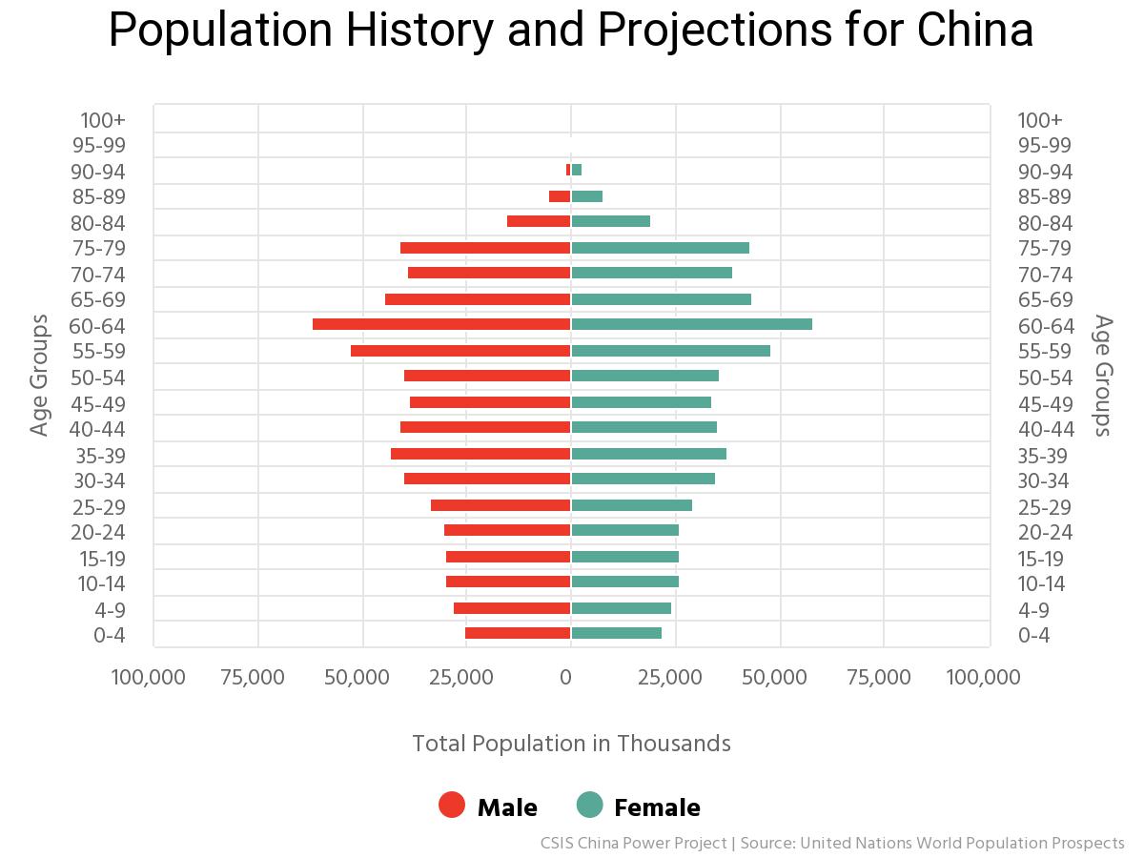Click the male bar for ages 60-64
point(440,324)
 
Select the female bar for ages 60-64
point(691,324)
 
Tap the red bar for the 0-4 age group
point(518,633)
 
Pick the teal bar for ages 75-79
point(660,248)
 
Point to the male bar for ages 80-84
point(539,221)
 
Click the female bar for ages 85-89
point(587,196)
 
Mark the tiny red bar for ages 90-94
point(568,170)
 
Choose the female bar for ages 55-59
point(670,351)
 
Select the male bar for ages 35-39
point(480,454)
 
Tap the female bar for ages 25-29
point(631,505)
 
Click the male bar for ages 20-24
point(507,530)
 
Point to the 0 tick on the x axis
point(566,678)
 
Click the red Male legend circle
point(452,805)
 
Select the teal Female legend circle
point(590,805)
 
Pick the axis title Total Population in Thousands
point(571,744)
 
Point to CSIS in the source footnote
point(558,844)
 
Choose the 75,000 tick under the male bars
point(252,678)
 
